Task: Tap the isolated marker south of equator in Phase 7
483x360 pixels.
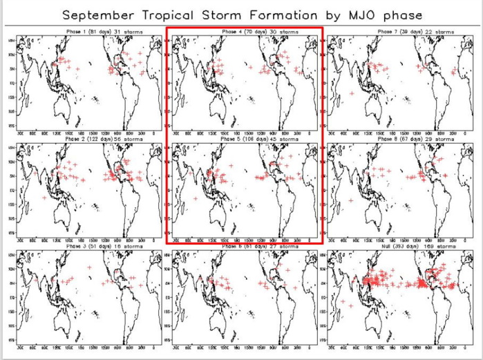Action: [353, 93]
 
